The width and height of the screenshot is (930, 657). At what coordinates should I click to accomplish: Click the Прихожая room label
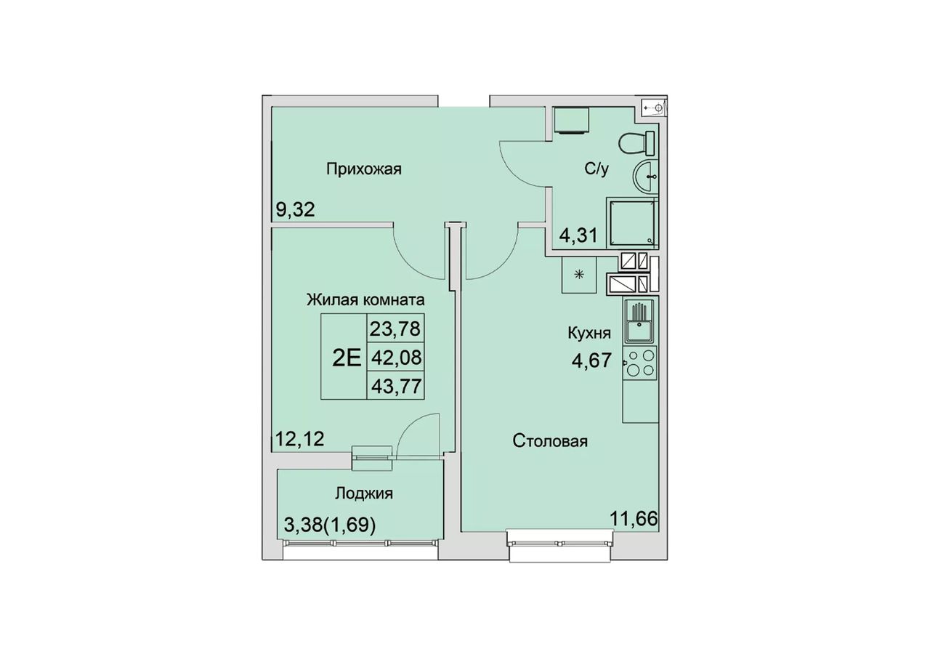click(364, 169)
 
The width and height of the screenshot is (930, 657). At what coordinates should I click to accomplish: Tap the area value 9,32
click(295, 210)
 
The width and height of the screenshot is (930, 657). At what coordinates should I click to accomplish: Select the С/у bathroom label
click(597, 169)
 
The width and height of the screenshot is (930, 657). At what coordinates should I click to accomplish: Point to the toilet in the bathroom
click(636, 143)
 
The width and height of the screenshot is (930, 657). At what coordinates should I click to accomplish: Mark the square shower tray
click(633, 222)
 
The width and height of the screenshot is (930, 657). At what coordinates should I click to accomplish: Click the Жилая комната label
click(365, 299)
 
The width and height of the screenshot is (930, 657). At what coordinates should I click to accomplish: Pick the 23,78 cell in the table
click(395, 329)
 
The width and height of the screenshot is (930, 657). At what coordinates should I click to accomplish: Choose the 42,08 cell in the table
click(396, 357)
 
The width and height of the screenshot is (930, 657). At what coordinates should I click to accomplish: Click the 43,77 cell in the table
click(396, 386)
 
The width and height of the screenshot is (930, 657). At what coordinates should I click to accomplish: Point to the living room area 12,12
click(300, 439)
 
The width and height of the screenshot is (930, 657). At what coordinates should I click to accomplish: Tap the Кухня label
click(589, 333)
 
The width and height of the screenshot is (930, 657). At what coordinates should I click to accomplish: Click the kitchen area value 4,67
click(591, 360)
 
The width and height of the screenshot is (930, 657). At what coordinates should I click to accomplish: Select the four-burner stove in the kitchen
click(640, 363)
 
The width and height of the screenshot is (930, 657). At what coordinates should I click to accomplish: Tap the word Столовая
click(550, 440)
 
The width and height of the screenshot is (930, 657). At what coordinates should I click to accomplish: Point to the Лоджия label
click(364, 493)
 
